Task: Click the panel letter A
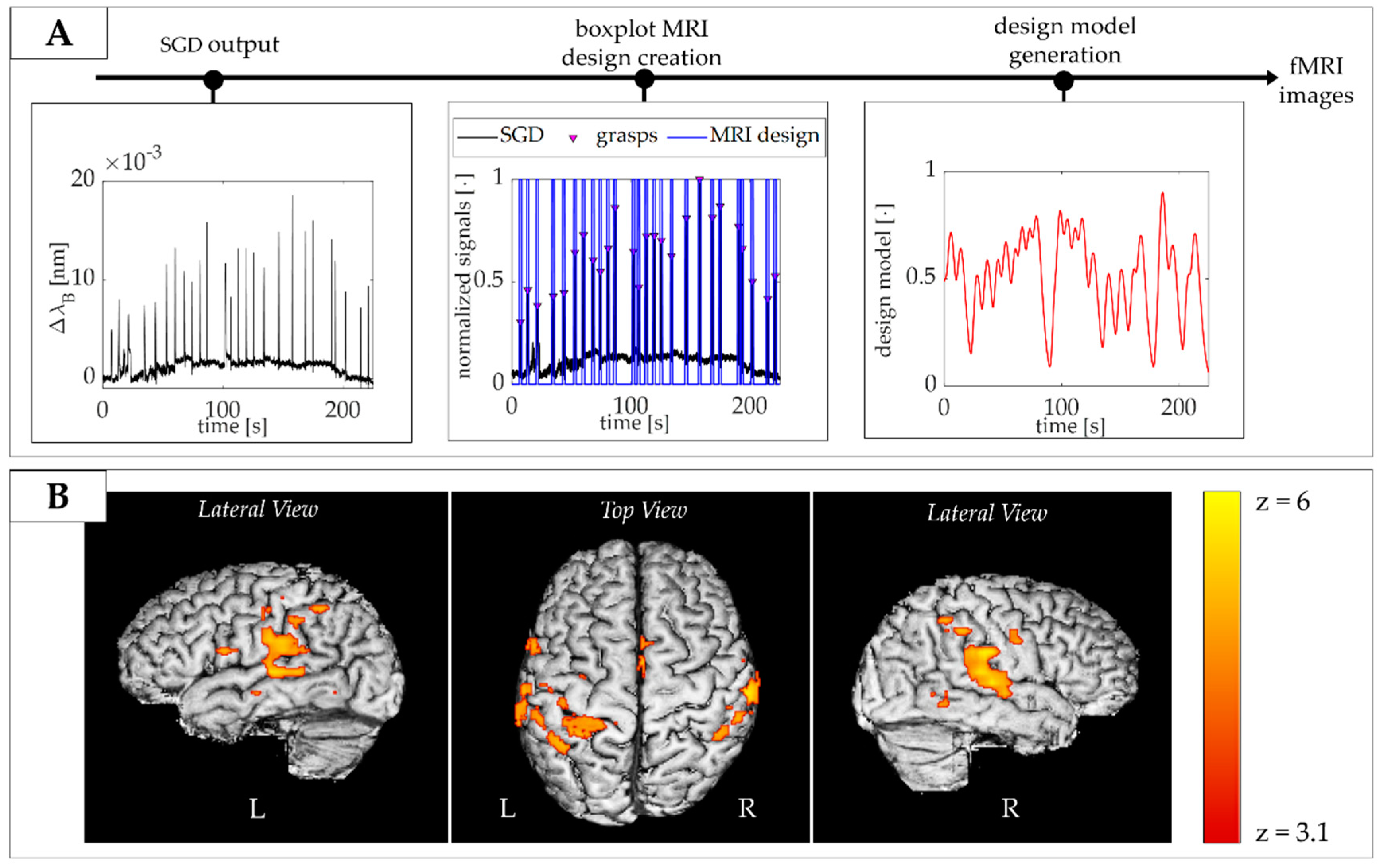[x=59, y=33]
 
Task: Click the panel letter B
[x=58, y=496]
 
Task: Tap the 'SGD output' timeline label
[x=219, y=45]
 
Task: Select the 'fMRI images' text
[x=1316, y=81]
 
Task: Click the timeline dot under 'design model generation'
[x=1064, y=80]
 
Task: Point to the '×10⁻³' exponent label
[x=133, y=160]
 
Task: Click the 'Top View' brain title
[x=644, y=510]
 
